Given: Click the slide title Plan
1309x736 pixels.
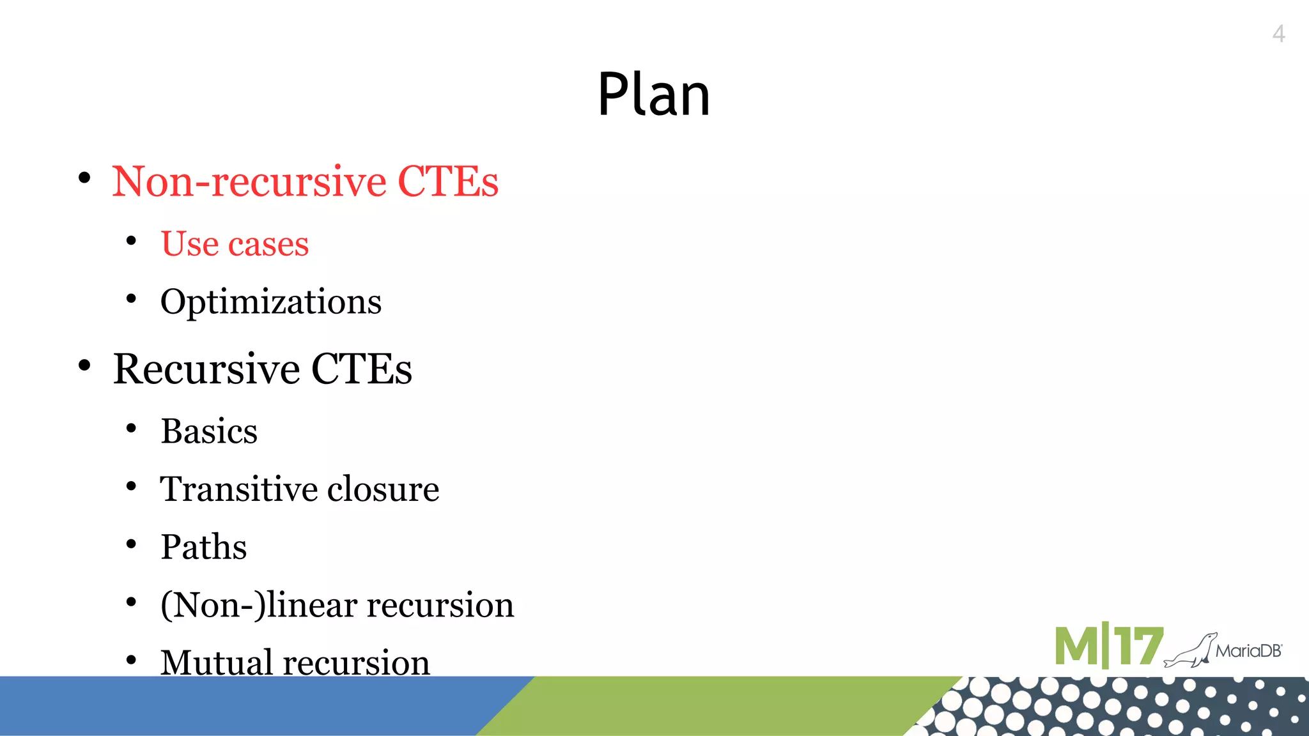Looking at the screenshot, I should [x=653, y=95].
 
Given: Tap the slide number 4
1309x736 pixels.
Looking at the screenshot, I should [x=1278, y=34].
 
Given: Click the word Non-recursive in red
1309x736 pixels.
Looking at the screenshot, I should [x=249, y=181].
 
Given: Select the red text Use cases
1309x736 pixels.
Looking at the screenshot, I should [x=235, y=243].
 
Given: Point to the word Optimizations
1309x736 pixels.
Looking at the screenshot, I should [x=270, y=302].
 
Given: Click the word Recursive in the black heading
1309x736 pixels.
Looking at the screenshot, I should [x=206, y=369].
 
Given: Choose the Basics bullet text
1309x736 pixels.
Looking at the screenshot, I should [x=209, y=431].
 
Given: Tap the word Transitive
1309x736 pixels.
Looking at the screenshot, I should [x=238, y=489].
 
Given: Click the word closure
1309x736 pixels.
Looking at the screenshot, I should [x=383, y=489].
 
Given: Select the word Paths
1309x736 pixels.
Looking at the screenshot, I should [x=203, y=547].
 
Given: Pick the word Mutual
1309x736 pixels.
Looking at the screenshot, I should [x=215, y=662].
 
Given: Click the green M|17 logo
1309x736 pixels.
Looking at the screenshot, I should [x=1108, y=647].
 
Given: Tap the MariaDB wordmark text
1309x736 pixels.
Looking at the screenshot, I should [x=1249, y=651].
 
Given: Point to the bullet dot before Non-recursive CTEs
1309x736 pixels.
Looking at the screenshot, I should [x=84, y=178].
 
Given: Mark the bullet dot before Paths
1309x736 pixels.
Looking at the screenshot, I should [x=131, y=544].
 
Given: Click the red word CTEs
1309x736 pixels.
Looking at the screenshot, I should [x=447, y=181].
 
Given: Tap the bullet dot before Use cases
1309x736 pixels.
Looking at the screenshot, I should [x=131, y=241].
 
